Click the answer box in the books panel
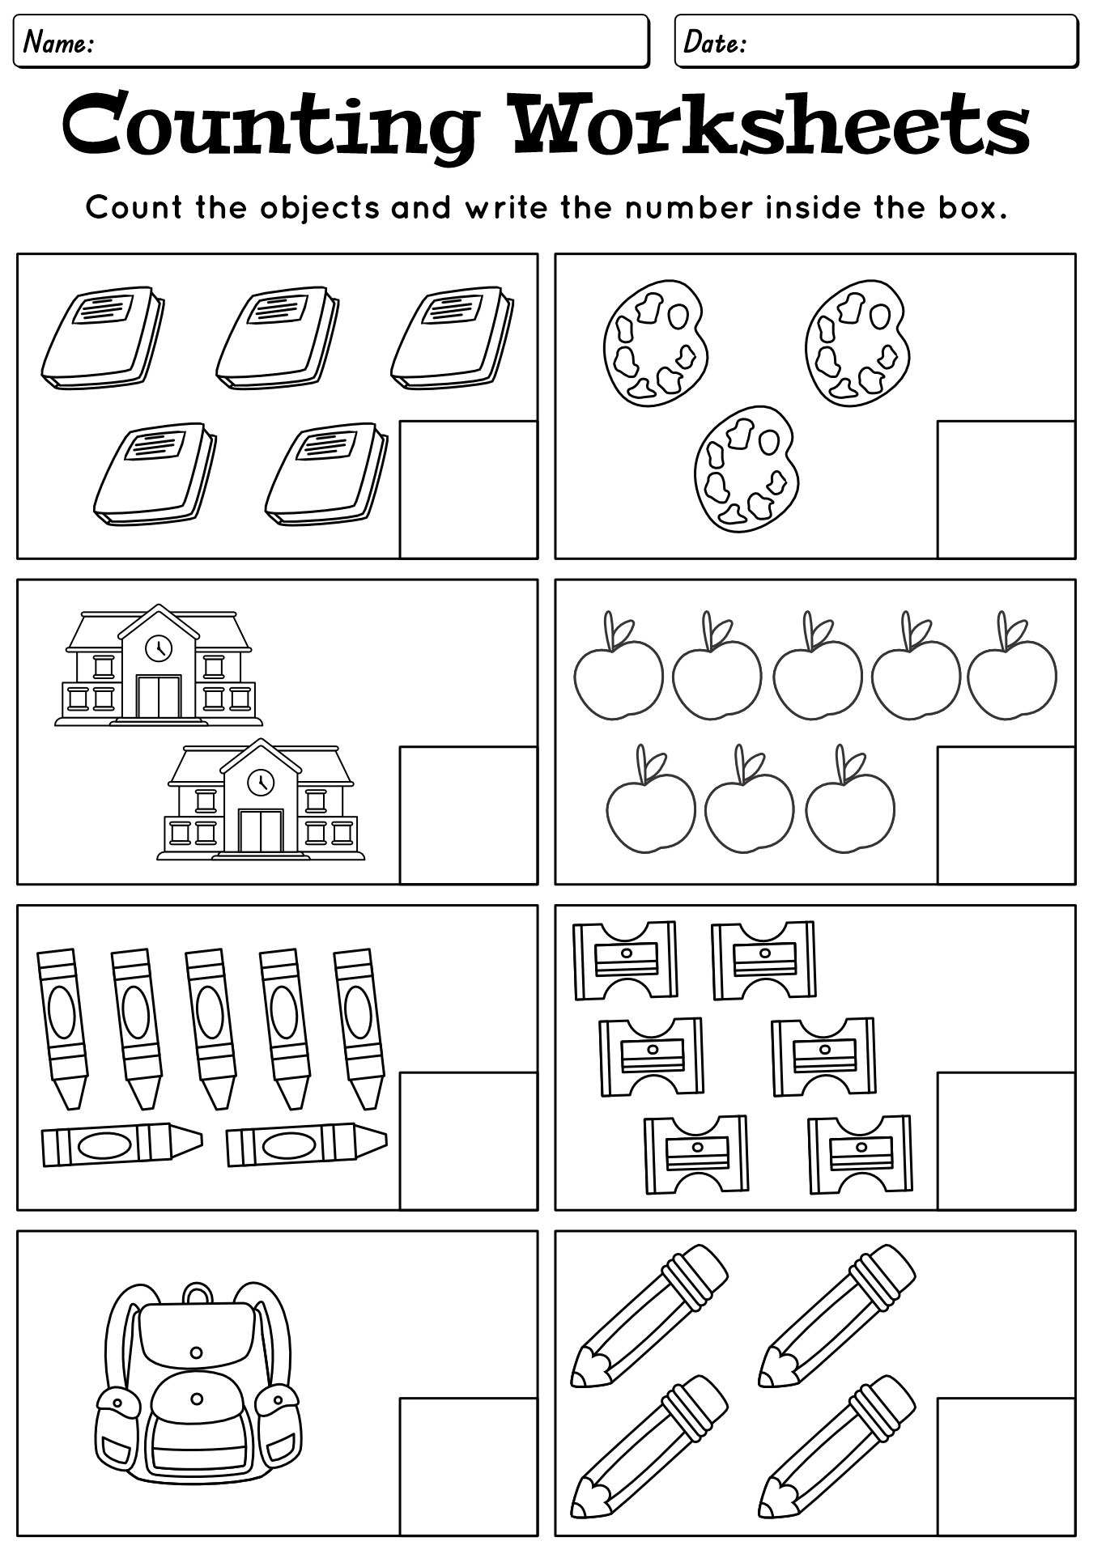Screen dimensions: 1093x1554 pos(469,489)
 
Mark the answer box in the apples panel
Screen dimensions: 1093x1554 pos(1006,815)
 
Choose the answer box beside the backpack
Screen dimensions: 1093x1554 pos(469,1467)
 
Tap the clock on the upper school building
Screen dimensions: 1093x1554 pos(158,647)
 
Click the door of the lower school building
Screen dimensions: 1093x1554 pos(261,830)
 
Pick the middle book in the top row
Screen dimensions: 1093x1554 pos(277,337)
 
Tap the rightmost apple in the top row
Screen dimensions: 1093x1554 pos(1012,665)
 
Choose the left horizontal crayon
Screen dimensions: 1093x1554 pos(121,1144)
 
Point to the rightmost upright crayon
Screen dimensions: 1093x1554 pos(359,1028)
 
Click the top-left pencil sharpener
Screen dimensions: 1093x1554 pos(625,960)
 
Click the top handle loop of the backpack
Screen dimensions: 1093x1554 pos(197,1293)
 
